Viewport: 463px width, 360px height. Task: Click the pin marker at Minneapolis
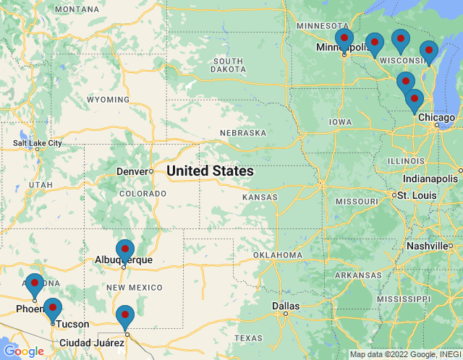click(x=344, y=38)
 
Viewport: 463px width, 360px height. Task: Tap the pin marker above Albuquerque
click(x=125, y=249)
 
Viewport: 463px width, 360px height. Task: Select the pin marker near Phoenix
click(x=34, y=283)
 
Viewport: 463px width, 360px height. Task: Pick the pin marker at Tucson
click(x=52, y=308)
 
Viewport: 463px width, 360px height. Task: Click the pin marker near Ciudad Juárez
click(x=125, y=315)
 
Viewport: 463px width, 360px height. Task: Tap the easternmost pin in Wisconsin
click(x=428, y=51)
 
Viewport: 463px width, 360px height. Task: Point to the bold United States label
click(x=210, y=171)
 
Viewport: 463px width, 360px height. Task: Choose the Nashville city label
click(x=426, y=246)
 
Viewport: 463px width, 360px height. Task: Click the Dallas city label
click(x=285, y=306)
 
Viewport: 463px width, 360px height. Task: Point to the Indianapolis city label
click(x=430, y=179)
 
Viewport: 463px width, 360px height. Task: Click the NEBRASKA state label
click(x=243, y=133)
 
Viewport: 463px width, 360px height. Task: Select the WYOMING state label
click(x=108, y=99)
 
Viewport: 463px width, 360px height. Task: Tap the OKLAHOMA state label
click(x=277, y=255)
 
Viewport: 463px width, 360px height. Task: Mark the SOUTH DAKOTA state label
click(x=227, y=65)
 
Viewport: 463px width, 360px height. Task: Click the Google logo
click(x=23, y=351)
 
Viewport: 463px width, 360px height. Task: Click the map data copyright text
click(x=404, y=354)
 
